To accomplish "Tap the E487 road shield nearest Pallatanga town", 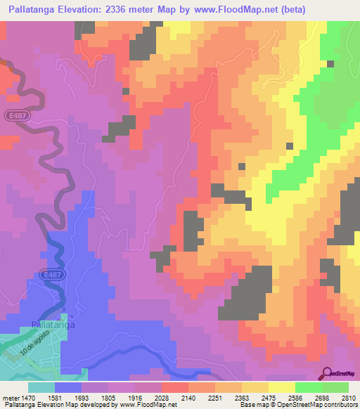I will pos(49,275).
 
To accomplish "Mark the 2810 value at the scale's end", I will pos(349,398).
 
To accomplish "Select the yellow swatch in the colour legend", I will pos(282,387).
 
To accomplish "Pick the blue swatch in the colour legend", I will pos(68,387).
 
